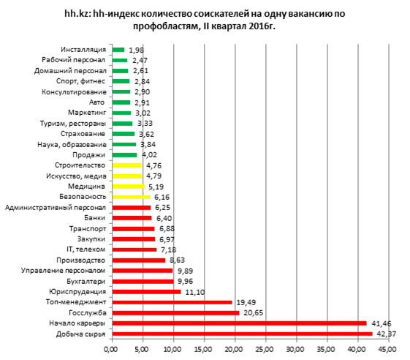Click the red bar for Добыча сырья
point(242,334)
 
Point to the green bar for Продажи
point(124,155)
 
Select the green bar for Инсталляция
point(118,50)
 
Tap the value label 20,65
point(251,313)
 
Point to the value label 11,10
point(192,292)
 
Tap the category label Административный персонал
point(56,208)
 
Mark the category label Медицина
point(90,187)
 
